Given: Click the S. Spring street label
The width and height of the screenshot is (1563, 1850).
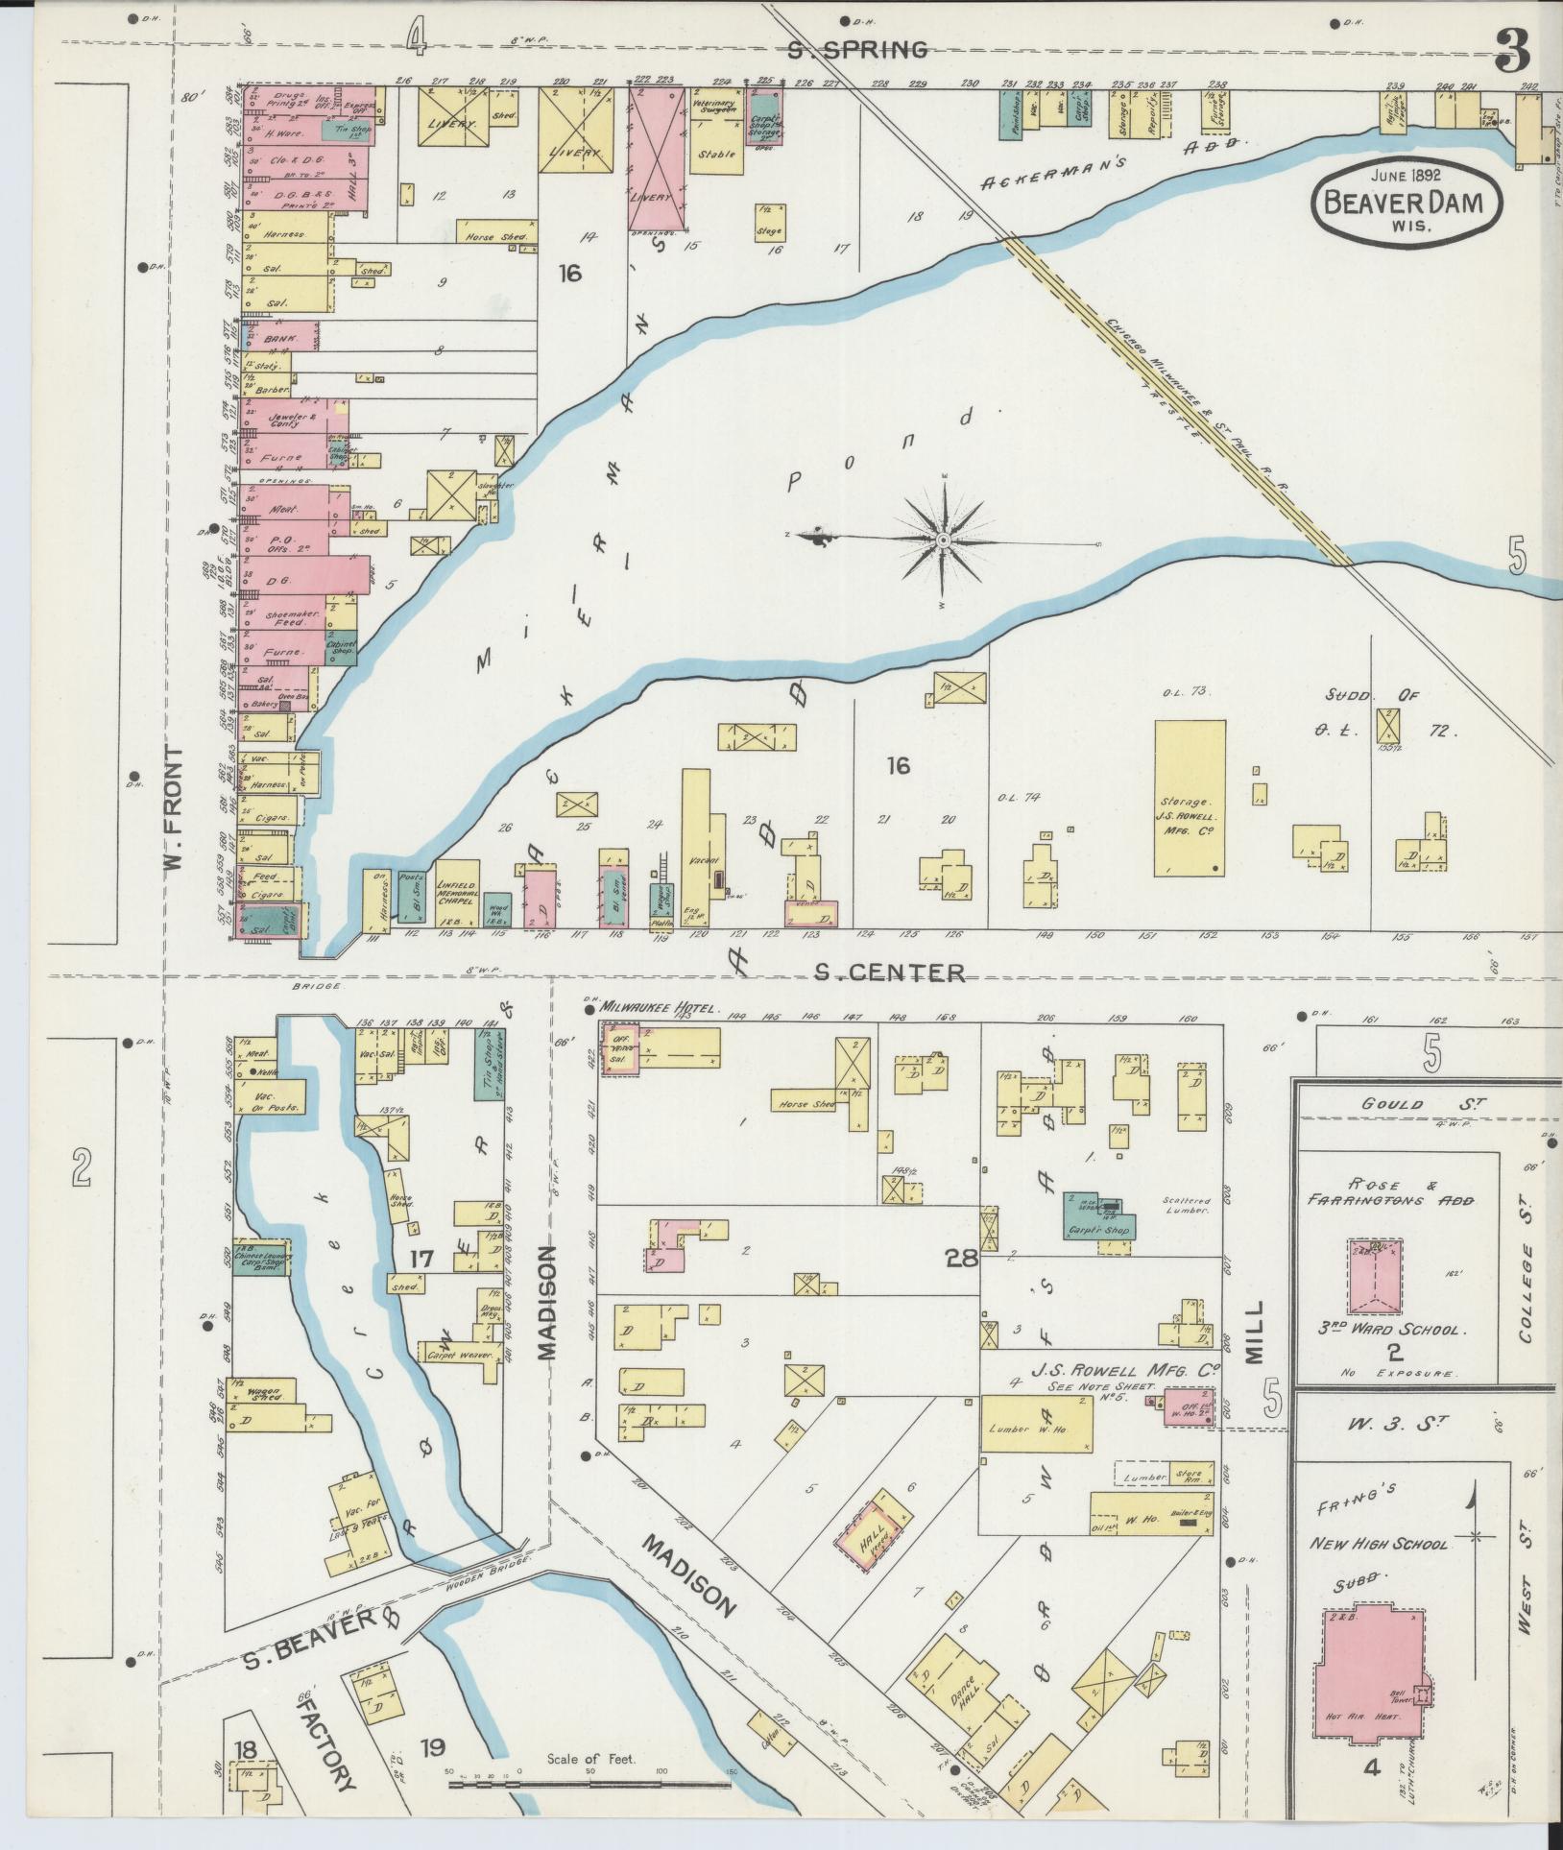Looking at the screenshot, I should click(856, 50).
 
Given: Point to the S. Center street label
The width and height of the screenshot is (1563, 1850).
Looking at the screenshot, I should click(889, 973).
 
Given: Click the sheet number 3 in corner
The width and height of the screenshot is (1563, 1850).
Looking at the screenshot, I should click(1514, 50).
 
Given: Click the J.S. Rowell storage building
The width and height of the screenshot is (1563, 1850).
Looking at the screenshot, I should click(1190, 799).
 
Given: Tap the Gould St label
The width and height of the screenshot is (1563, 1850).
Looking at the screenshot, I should click(1392, 1104).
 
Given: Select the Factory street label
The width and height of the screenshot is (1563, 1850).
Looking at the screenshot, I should click(324, 1743).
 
